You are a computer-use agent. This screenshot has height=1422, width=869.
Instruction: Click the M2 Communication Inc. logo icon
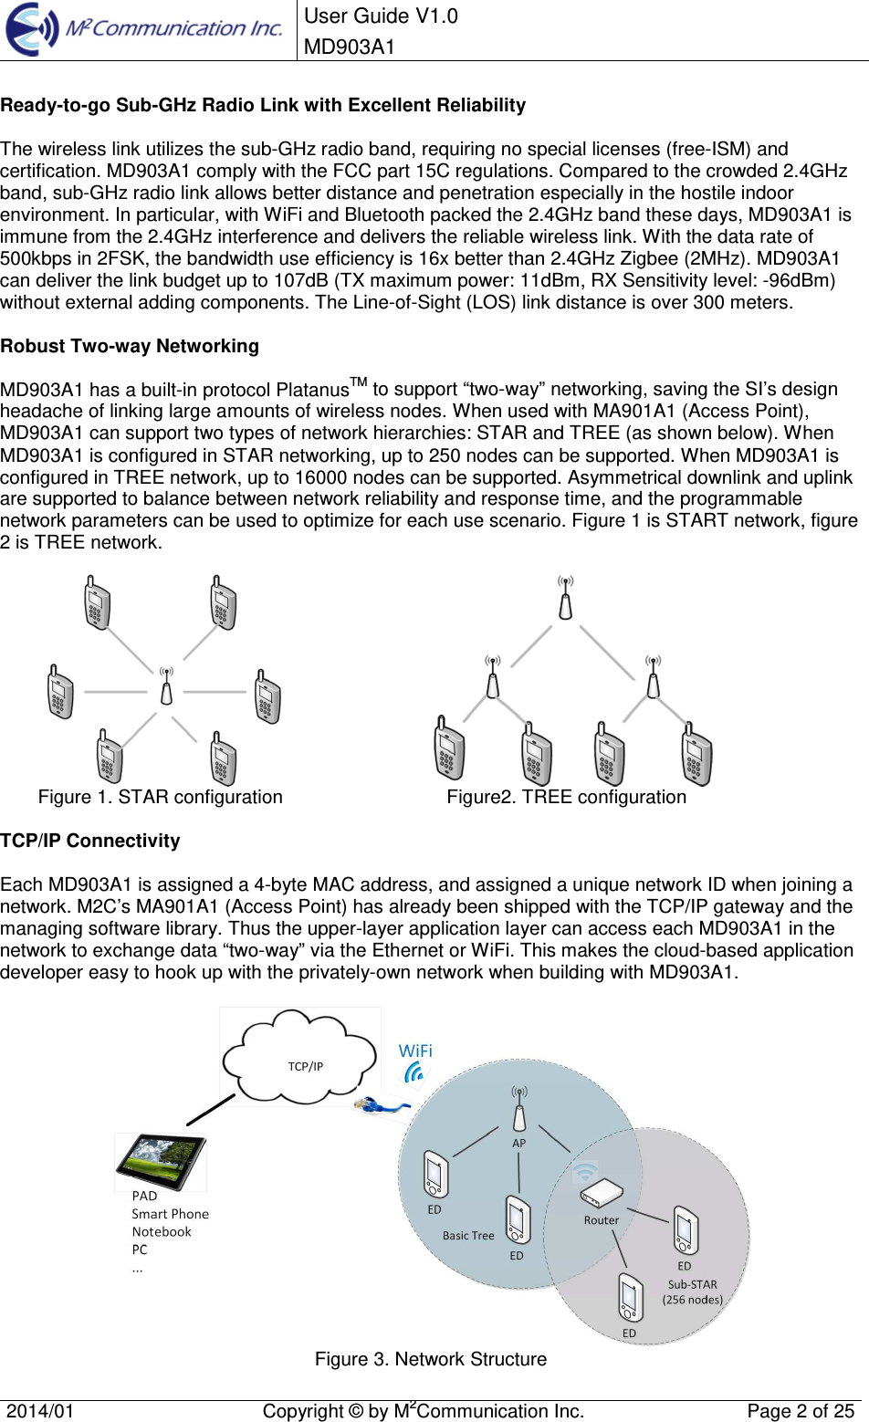pos(33,29)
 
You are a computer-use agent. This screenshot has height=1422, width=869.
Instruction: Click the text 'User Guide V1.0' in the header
pos(381,16)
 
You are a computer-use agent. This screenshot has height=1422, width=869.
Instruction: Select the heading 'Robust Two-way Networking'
pos(130,346)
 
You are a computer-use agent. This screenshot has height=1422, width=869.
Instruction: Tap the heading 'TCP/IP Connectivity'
pos(90,841)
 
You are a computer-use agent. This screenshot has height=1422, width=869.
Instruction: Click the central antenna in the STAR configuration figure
pos(166,687)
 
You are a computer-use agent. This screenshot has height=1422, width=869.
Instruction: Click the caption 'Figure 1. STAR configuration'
pos(161,797)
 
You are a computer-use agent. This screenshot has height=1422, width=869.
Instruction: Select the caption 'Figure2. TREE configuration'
pos(566,797)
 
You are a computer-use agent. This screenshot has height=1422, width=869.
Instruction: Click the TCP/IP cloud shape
pos(301,1058)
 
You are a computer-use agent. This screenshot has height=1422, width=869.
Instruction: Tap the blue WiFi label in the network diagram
pos(415,1051)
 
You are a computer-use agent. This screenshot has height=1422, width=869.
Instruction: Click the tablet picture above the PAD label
pos(161,1161)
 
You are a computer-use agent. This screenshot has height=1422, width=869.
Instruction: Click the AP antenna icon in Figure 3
pos(518,1109)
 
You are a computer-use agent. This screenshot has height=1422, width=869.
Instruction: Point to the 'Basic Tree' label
pos(468,1236)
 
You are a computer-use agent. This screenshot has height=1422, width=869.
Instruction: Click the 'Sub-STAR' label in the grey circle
pos(692,1284)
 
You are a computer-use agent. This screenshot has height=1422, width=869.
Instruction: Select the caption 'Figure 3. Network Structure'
pos(431,1359)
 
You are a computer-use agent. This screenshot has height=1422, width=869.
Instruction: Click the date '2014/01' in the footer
pos(40,1411)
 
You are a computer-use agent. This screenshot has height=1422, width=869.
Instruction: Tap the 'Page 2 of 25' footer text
pos(801,1411)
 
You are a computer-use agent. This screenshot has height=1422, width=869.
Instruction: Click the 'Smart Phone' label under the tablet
pos(170,1214)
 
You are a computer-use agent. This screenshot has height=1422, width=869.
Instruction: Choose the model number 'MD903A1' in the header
pos(350,47)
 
